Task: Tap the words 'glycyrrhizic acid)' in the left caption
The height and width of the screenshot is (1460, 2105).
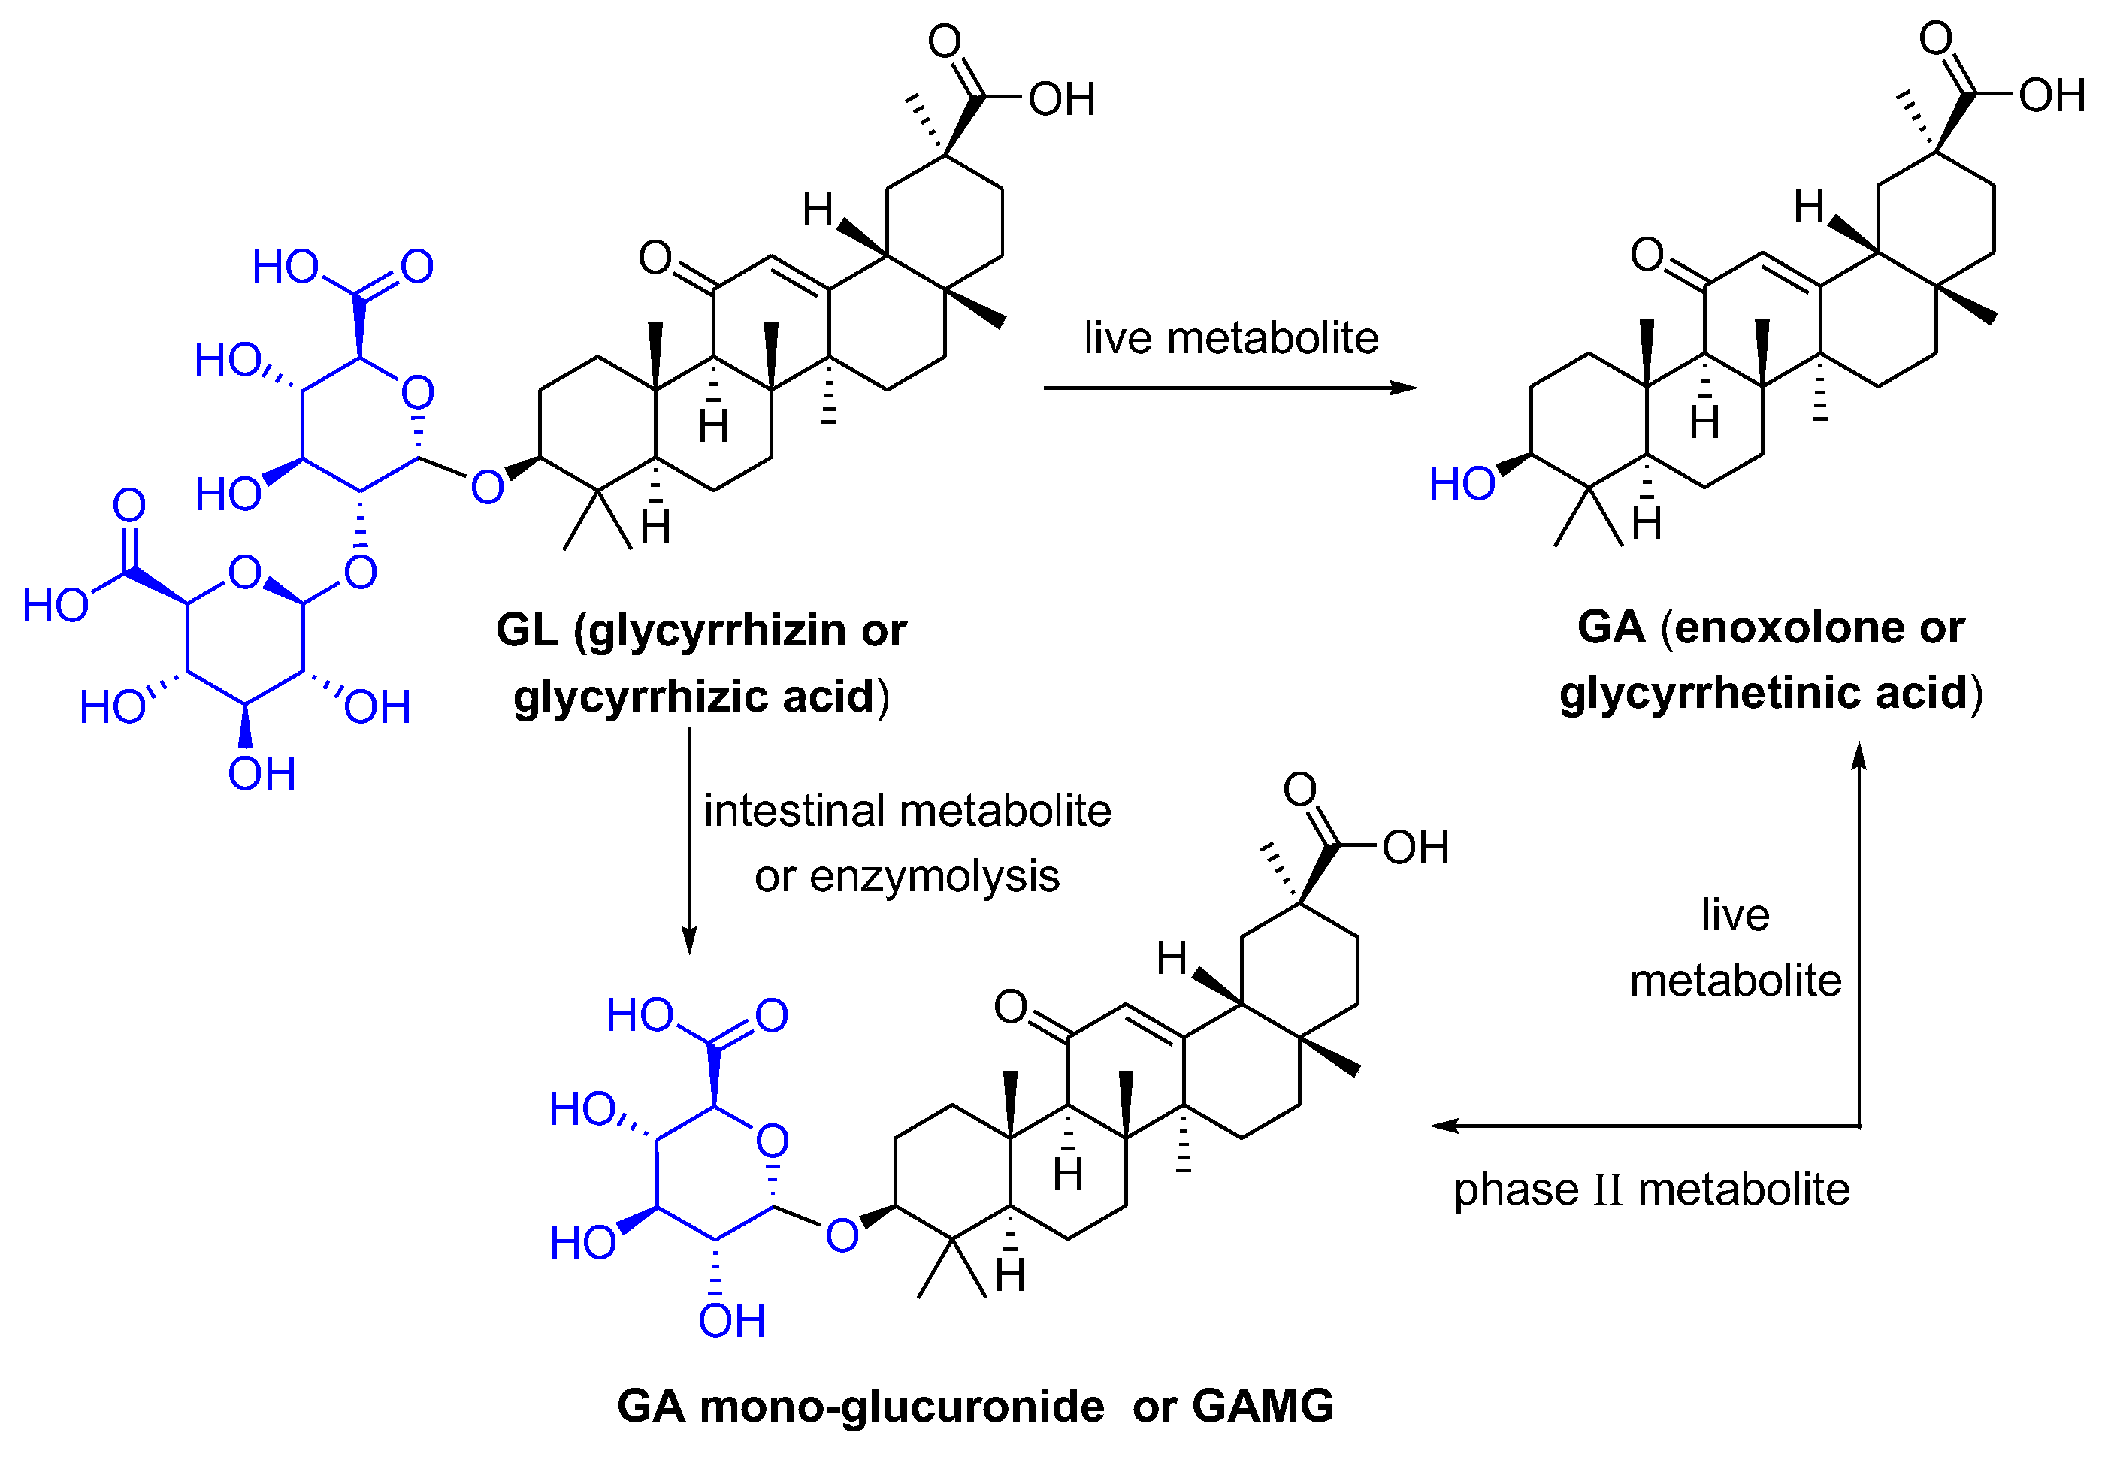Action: (700, 697)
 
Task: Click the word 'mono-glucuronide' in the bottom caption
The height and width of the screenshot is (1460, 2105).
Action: (901, 1406)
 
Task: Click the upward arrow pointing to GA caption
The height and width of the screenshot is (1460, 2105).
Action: (1859, 933)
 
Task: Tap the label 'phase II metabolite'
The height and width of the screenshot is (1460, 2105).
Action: (1651, 1190)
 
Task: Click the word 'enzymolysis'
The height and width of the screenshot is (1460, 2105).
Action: (934, 876)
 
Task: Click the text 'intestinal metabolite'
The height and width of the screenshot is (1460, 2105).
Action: (906, 812)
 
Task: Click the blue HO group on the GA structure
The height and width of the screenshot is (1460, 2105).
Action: (1461, 484)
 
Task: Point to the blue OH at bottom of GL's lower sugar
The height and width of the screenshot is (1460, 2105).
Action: (262, 775)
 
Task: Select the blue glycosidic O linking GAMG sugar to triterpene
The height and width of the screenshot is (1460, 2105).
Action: (842, 1236)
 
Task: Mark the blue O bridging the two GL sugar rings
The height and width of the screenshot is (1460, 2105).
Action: (361, 573)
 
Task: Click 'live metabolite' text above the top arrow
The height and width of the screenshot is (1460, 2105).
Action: (1230, 338)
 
